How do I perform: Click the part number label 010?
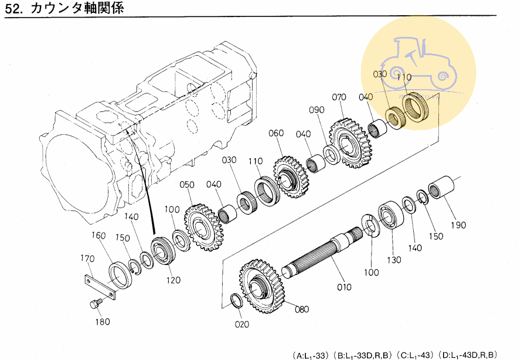click(344, 287)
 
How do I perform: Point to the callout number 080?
click(302, 309)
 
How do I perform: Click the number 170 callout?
click(87, 258)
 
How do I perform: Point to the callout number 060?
click(276, 133)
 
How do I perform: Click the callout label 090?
click(317, 110)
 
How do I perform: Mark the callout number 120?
click(173, 280)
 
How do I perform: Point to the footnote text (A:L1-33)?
click(311, 355)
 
